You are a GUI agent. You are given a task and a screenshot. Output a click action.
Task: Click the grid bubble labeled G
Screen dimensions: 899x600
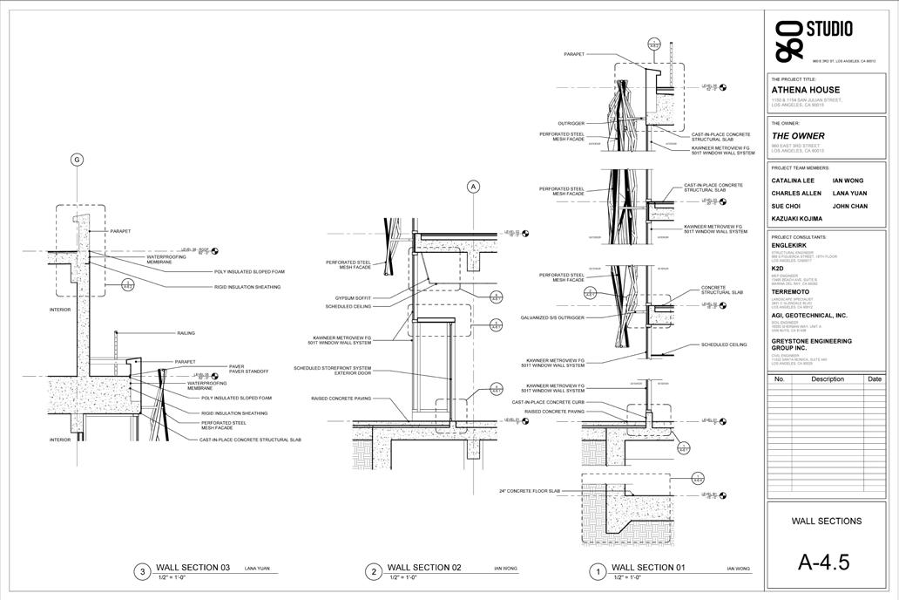click(x=77, y=160)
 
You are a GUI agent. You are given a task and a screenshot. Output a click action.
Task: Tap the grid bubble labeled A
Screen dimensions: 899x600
click(x=474, y=186)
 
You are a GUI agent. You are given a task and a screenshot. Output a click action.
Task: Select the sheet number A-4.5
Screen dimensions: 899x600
click(x=823, y=562)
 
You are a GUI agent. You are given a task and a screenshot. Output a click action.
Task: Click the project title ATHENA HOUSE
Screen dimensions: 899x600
click(x=806, y=90)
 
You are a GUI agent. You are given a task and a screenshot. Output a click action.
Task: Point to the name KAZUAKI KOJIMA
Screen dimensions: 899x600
click(x=797, y=218)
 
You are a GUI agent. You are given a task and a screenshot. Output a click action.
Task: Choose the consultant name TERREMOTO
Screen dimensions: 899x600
click(x=790, y=292)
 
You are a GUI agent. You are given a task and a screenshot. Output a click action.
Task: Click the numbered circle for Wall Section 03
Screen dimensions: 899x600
click(x=144, y=572)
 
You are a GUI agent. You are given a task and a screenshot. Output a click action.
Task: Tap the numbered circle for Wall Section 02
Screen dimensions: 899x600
click(x=374, y=572)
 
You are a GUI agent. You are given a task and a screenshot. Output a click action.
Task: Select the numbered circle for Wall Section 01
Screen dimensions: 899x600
click(x=598, y=572)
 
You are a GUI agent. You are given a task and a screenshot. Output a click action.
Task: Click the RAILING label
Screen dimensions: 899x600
click(x=186, y=333)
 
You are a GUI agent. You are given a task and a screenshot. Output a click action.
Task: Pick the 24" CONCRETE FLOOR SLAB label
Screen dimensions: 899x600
click(x=531, y=491)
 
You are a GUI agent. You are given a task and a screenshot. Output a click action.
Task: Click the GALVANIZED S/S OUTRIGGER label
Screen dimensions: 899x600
click(x=551, y=317)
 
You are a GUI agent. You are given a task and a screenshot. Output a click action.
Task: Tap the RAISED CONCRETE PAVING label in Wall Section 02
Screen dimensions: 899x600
click(x=341, y=399)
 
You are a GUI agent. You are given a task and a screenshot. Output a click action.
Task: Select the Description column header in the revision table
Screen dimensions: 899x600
click(x=827, y=379)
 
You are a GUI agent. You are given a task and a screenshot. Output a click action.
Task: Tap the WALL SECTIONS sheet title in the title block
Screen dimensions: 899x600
click(x=826, y=522)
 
